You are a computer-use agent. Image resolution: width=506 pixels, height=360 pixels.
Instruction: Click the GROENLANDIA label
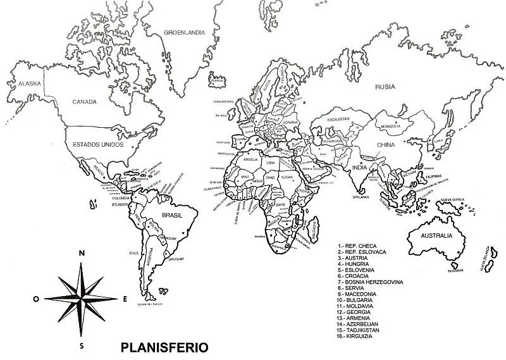[184, 32]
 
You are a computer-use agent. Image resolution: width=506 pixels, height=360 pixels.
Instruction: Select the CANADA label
[83, 102]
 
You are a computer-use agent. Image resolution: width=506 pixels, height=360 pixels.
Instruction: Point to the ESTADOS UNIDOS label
[96, 145]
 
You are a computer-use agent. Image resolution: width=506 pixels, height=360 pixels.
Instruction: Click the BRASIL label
[172, 215]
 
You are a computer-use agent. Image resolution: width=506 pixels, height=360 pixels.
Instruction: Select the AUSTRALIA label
[432, 235]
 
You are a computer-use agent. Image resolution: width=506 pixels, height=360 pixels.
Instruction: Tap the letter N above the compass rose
[81, 253]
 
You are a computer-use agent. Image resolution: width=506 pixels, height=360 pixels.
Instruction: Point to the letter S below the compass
[82, 346]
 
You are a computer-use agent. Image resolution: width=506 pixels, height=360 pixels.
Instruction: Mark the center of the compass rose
[81, 298]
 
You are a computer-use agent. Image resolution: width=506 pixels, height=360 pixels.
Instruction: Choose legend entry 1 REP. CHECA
[358, 245]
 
